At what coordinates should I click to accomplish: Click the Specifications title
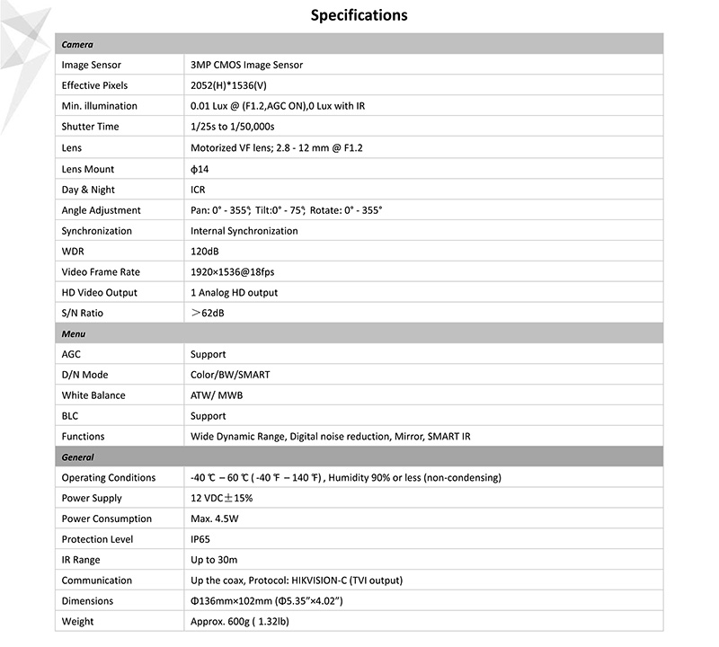359,15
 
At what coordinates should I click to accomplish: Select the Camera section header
77,44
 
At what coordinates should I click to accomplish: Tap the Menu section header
74,333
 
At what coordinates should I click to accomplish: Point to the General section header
78,457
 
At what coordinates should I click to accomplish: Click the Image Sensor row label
91,65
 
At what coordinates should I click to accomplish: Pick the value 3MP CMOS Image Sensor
246,65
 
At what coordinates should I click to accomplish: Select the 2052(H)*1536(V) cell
228,85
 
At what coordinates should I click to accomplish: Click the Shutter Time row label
90,127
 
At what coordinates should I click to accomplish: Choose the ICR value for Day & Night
199,190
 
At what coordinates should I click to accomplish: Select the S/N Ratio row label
82,313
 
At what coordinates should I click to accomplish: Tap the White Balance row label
93,395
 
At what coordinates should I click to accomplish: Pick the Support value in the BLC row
208,416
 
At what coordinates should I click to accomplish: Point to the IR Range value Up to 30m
214,560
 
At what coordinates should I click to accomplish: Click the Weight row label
77,621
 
